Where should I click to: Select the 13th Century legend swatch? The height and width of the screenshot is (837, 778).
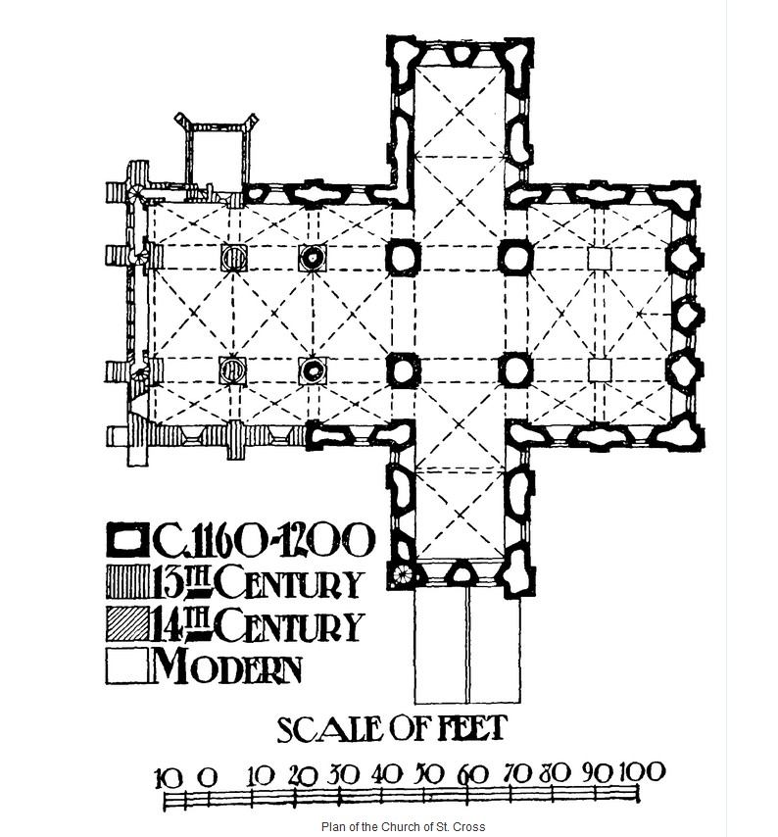pyautogui.click(x=127, y=583)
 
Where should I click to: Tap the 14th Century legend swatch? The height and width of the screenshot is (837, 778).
pyautogui.click(x=127, y=624)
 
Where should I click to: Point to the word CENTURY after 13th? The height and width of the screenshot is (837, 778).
pyautogui.click(x=290, y=583)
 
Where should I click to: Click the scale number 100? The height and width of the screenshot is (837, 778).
pyautogui.click(x=643, y=772)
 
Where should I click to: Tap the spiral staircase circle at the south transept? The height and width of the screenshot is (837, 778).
pyautogui.click(x=402, y=575)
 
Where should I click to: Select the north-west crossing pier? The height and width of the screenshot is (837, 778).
pyautogui.click(x=403, y=258)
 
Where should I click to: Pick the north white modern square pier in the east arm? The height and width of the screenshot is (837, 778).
pyautogui.click(x=600, y=259)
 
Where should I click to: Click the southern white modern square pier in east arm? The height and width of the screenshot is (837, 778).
pyautogui.click(x=600, y=369)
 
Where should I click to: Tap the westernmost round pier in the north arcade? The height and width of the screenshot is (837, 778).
pyautogui.click(x=233, y=258)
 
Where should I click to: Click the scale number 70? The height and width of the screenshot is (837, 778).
pyautogui.click(x=517, y=773)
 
